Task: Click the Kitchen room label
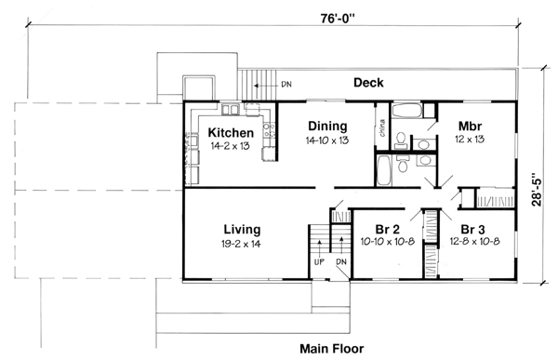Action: [232, 132]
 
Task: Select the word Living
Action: [242, 229]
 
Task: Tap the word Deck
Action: [369, 83]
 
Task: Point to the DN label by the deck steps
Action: [286, 85]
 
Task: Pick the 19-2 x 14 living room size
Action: [242, 244]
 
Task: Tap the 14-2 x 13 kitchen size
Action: [232, 146]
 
